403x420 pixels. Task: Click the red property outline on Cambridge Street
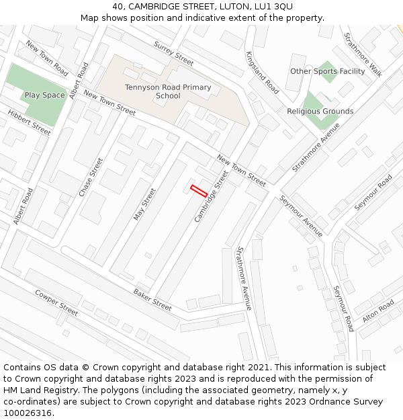[x=199, y=190]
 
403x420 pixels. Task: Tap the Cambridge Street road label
[x=212, y=197]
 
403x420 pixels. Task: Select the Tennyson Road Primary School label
[x=168, y=91]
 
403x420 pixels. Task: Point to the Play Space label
[x=45, y=95]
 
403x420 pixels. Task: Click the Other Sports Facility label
[x=328, y=71]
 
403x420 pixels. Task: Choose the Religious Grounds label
[x=320, y=112]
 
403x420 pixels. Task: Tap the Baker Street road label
[x=152, y=299]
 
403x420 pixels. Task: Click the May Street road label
[x=144, y=204]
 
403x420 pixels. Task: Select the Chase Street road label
[x=91, y=177]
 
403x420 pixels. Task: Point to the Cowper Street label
[x=57, y=302]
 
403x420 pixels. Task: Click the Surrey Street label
[x=173, y=54]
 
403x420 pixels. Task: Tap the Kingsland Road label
[x=262, y=73]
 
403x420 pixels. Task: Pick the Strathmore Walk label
[x=363, y=55]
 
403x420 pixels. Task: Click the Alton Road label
[x=378, y=311]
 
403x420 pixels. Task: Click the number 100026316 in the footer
[x=28, y=413]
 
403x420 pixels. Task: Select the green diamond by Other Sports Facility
[x=328, y=71]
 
